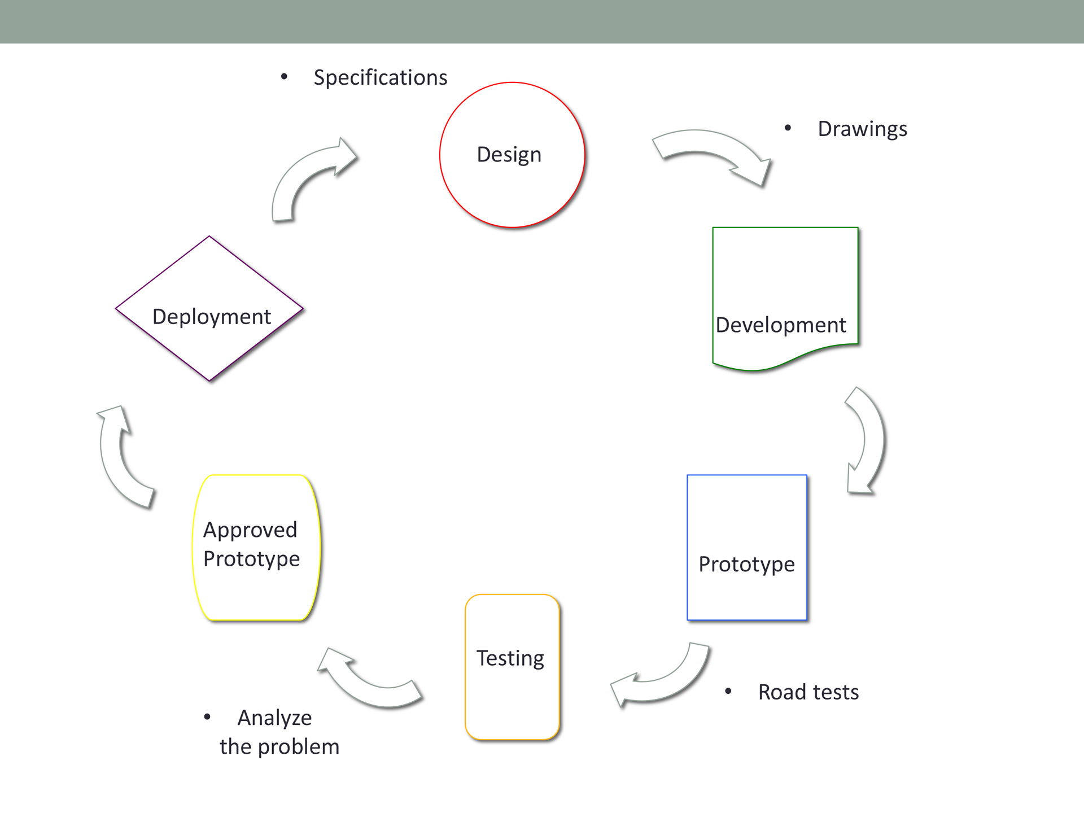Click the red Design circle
tap(512, 155)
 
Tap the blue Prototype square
tap(747, 548)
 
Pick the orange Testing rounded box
tap(512, 667)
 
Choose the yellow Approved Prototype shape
tap(256, 548)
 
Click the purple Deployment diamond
tap(209, 308)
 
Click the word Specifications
tap(381, 77)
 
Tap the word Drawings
tap(863, 129)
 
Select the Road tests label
tap(808, 692)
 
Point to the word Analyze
tap(275, 718)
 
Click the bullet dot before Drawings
tap(788, 128)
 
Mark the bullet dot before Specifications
tap(284, 76)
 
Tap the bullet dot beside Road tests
tap(728, 691)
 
